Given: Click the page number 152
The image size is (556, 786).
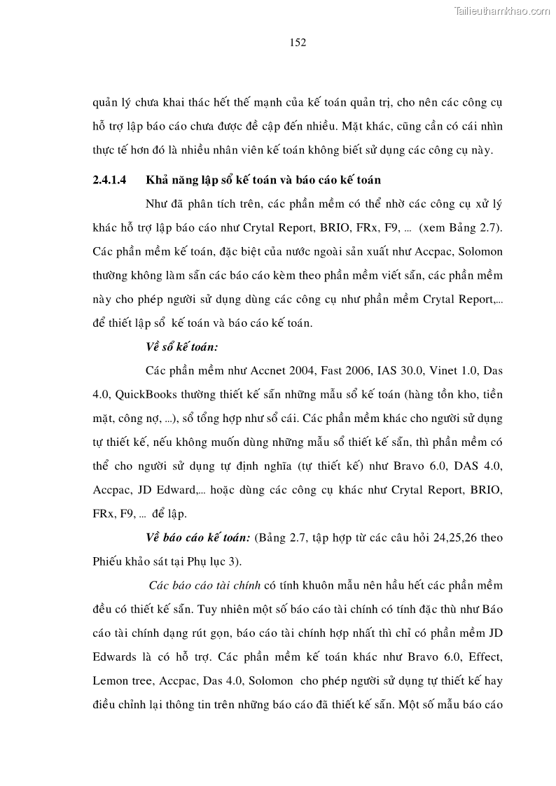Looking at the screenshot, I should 298,43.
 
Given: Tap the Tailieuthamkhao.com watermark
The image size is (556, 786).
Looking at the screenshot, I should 503,10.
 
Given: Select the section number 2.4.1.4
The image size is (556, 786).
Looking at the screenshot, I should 109,180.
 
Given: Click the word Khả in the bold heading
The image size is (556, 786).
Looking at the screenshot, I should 155,180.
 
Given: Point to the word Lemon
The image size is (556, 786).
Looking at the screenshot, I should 108,680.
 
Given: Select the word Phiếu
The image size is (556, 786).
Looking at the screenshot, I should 108,561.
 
